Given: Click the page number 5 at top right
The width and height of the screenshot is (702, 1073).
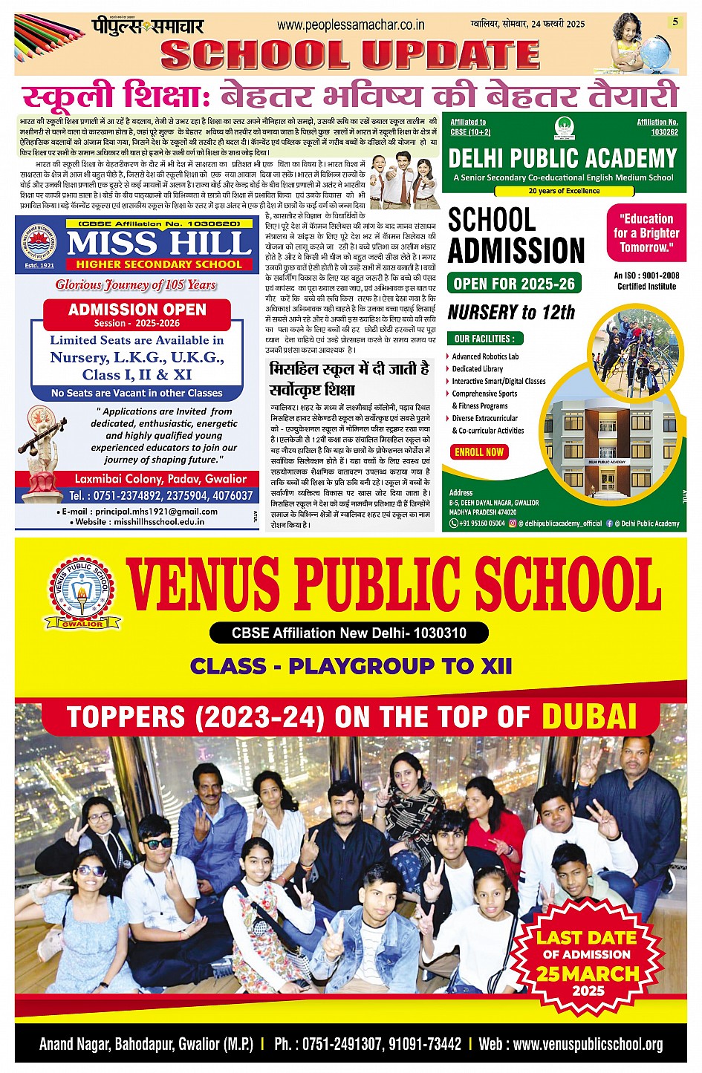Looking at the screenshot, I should coord(675,22).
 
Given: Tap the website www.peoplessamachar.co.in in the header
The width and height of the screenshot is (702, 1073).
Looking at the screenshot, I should coord(351,25).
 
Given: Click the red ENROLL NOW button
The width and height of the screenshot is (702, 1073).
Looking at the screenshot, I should coord(479,451).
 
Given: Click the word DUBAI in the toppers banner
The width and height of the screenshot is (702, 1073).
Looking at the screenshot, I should coord(589,717).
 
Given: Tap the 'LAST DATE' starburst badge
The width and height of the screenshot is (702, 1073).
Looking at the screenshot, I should coord(588,963).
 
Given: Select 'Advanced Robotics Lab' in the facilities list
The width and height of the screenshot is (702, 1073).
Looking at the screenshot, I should coord(485,356).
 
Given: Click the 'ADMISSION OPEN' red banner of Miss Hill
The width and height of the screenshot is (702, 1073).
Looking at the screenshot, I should coord(137,314).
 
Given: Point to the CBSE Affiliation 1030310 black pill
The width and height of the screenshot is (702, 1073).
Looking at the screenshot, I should coord(348,633).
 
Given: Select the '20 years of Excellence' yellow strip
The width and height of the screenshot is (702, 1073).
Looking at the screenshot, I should coord(564,191).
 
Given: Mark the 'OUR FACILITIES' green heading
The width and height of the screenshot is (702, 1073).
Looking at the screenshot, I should coord(484,339).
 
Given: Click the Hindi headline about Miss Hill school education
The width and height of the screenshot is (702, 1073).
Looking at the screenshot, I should coord(348,378).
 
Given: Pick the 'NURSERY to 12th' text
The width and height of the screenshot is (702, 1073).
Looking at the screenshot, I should coord(511,312).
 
